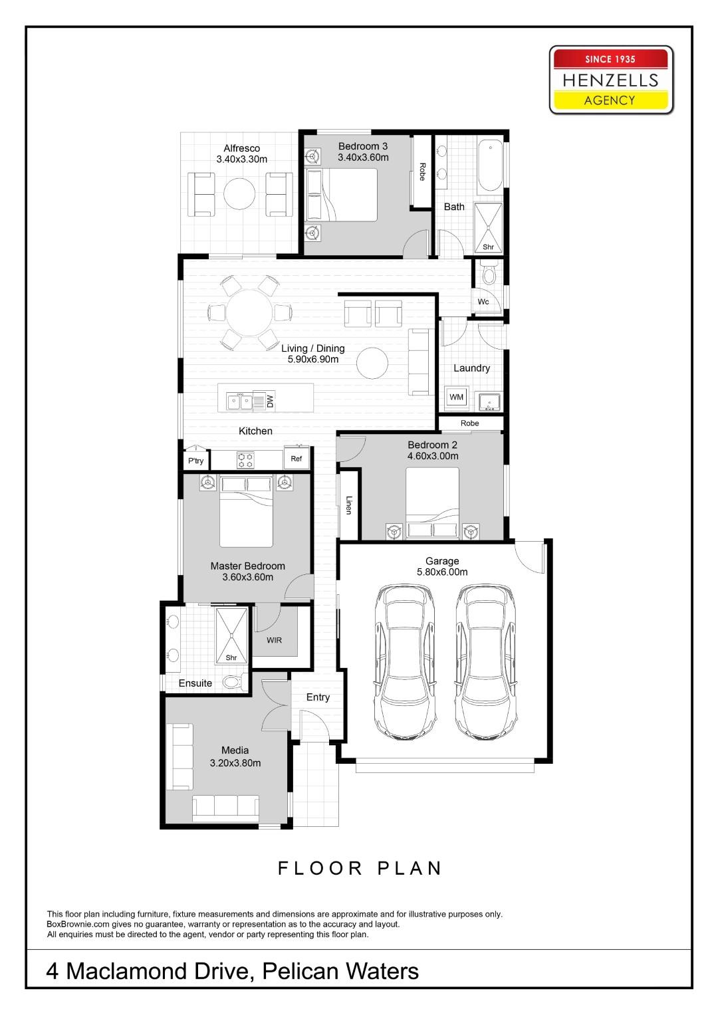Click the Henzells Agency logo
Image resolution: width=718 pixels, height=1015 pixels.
(611, 80)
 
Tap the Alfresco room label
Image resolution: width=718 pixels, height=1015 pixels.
(241, 148)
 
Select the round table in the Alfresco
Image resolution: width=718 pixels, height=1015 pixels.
(239, 193)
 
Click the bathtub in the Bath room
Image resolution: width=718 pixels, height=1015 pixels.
(491, 166)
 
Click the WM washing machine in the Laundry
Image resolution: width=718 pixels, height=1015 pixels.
(457, 397)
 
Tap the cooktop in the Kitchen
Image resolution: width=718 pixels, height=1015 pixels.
(246, 460)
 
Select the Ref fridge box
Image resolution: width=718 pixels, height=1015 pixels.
(297, 459)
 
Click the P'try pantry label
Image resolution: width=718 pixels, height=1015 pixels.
(196, 461)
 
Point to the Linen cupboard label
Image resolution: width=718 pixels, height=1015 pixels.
(348, 505)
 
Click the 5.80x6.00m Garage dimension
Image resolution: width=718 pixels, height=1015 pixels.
(442, 572)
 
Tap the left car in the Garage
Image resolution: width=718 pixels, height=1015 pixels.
(405, 662)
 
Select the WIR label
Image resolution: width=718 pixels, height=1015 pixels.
(274, 640)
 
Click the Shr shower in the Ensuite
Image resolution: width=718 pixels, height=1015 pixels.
(231, 635)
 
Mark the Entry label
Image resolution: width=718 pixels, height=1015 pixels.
(318, 697)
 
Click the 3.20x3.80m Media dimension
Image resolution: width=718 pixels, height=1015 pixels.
(235, 763)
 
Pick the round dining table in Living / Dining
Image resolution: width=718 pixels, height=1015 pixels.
(250, 312)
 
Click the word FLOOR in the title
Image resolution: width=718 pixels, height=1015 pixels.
(320, 868)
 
